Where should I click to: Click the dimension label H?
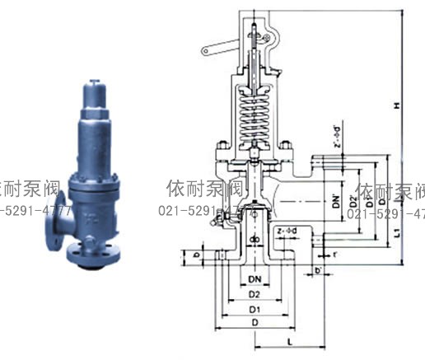(x=397, y=105)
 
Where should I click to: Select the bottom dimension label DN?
(x=255, y=279)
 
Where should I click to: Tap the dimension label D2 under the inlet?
(x=255, y=294)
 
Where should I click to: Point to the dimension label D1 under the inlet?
(x=255, y=309)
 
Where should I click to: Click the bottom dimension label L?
(x=292, y=339)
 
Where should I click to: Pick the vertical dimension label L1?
(x=397, y=233)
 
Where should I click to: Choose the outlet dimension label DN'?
(x=336, y=198)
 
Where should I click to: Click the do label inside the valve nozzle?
(x=255, y=240)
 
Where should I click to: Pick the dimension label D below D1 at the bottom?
(x=255, y=324)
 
